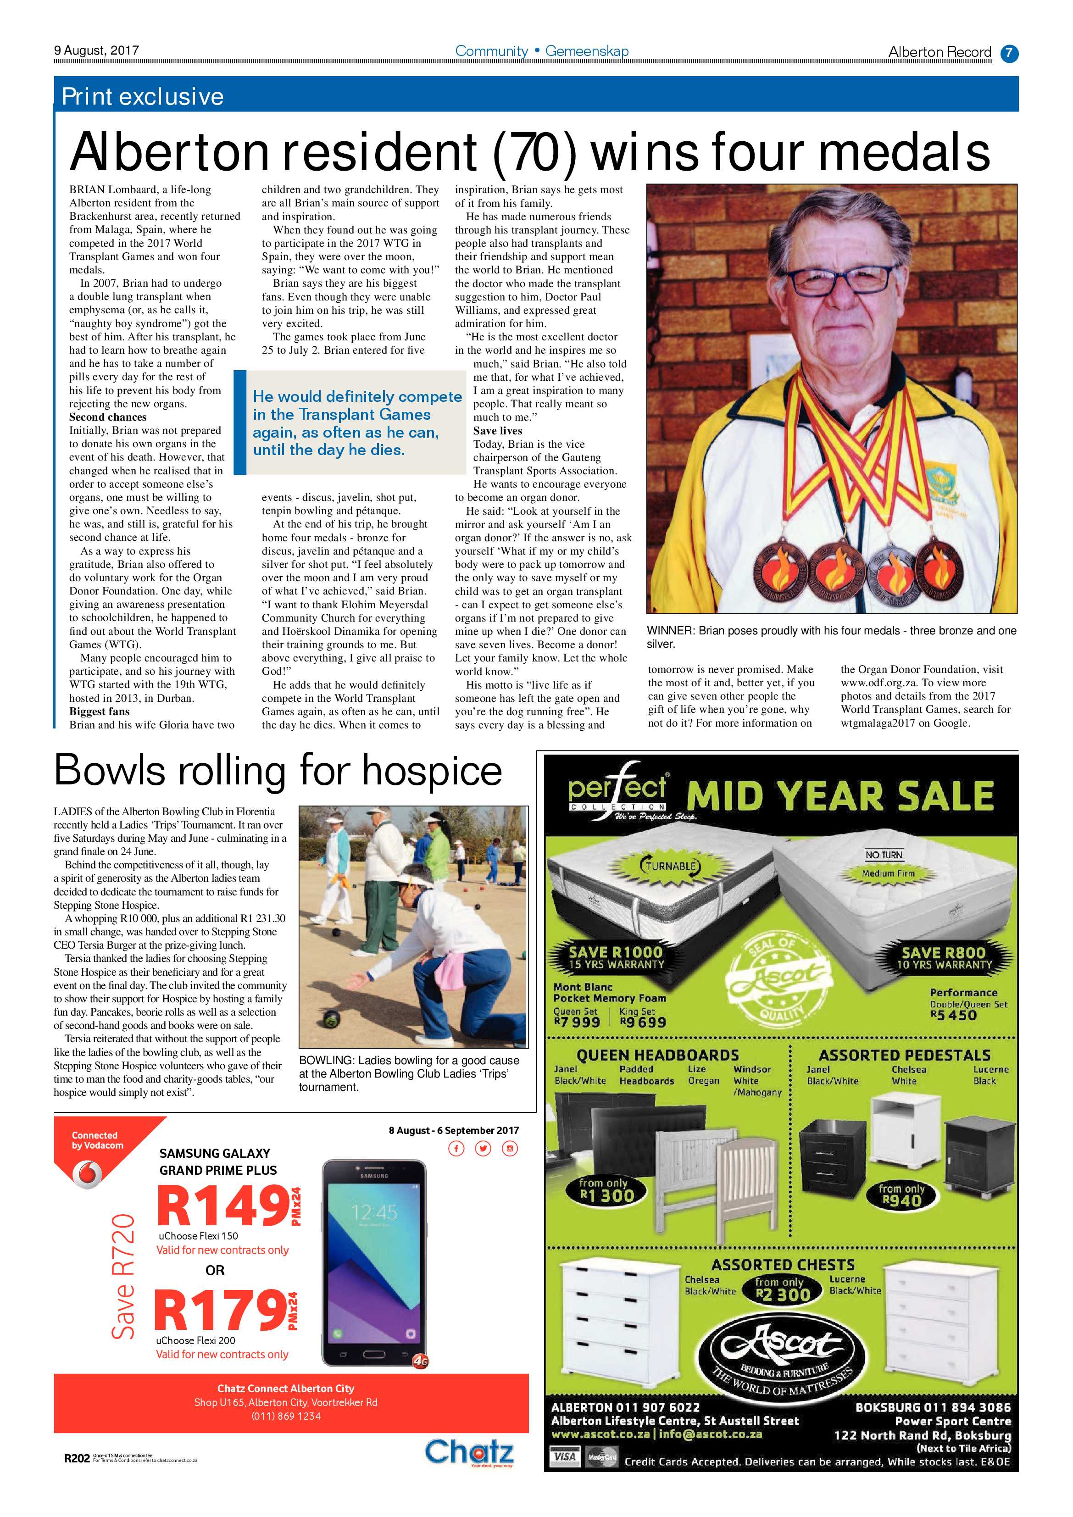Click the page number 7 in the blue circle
[x=1009, y=53]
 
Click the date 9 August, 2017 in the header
[x=96, y=50]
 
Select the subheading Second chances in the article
[x=108, y=417]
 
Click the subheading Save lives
[x=498, y=430]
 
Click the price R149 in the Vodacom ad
[x=221, y=1206]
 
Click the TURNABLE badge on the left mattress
[x=670, y=866]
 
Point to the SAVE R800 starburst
[x=944, y=957]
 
